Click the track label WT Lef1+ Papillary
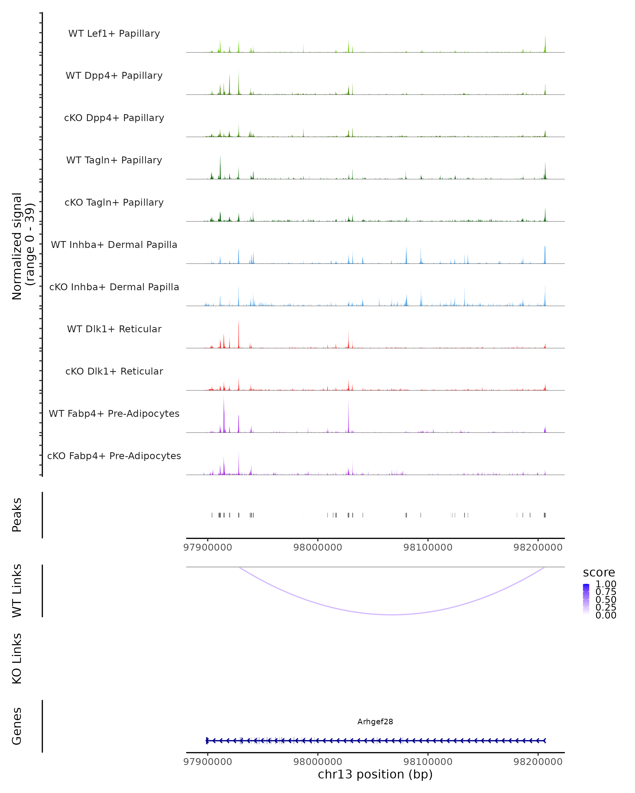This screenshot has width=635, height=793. click(114, 34)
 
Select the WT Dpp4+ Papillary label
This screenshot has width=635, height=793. click(114, 76)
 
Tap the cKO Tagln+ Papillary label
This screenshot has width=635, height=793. click(114, 203)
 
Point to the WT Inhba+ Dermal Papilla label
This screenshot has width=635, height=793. click(114, 245)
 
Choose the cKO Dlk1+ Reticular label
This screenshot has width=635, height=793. click(114, 371)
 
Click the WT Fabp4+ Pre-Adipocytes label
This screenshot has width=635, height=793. click(114, 414)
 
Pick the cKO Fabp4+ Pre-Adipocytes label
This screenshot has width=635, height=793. click(114, 456)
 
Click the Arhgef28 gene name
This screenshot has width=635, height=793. click(375, 722)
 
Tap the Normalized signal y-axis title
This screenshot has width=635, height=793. click(23, 246)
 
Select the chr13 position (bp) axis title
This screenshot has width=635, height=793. click(375, 774)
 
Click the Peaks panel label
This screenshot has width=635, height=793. click(17, 515)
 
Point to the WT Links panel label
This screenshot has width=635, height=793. click(17, 591)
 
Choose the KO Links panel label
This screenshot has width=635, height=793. click(17, 658)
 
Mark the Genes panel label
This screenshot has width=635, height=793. click(17, 726)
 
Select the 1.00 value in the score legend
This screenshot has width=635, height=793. click(606, 584)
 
